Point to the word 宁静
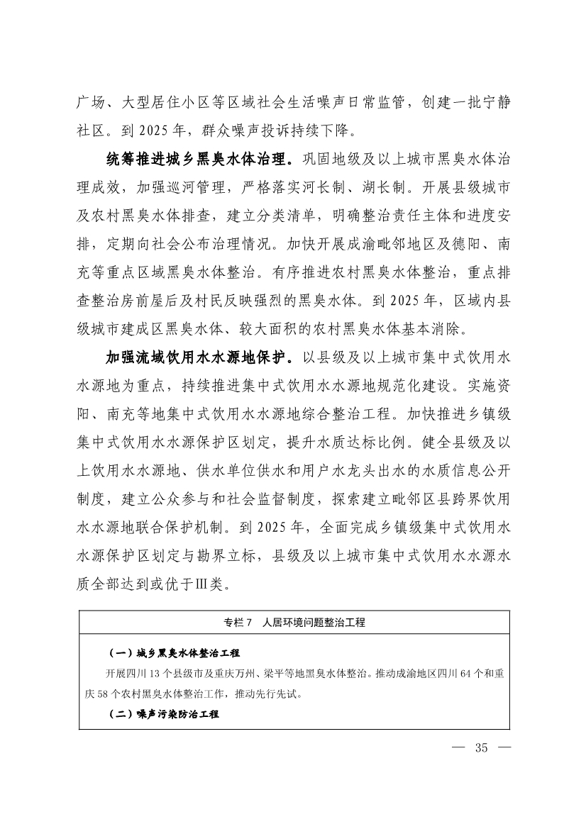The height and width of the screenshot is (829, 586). [494, 103]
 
